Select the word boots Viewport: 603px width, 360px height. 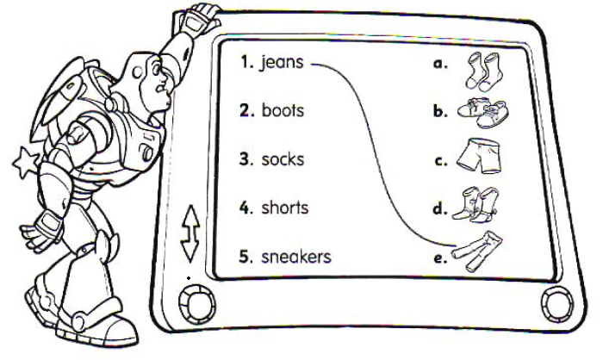283,111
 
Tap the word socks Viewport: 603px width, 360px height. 283,159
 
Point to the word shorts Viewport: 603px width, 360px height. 284,208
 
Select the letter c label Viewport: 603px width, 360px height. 440,160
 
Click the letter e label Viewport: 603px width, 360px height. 440,257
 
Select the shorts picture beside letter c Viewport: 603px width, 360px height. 481,157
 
